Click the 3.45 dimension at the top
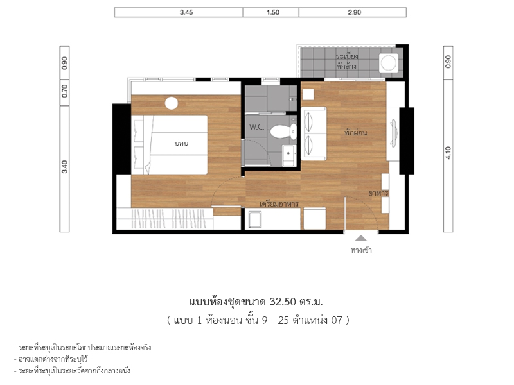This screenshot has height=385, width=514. point(186,12)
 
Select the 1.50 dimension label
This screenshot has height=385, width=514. point(272,12)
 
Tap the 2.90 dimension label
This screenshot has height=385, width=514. point(355,12)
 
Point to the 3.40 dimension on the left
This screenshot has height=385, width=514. point(65,167)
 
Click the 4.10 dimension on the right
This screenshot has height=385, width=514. point(448,153)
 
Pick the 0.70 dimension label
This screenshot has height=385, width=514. point(65,90)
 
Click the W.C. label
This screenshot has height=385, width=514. point(256,126)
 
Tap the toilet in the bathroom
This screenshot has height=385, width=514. point(283,132)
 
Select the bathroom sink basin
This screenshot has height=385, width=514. point(289,156)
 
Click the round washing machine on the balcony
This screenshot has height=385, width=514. point(389,62)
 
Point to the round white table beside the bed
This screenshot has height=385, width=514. point(172,103)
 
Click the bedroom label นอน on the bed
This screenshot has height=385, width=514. point(181,144)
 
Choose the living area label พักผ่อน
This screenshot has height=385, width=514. point(355,133)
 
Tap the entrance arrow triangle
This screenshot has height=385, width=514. point(361,238)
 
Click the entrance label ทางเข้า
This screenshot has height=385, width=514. point(361,250)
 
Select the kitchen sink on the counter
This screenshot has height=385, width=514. point(254,219)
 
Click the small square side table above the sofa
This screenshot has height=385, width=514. point(308,94)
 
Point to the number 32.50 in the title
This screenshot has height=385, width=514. point(283,302)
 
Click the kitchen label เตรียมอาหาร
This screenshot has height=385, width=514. point(279,204)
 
